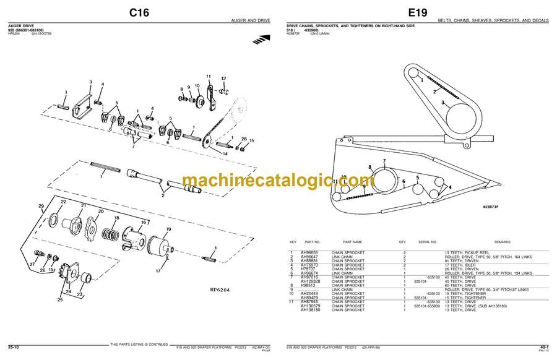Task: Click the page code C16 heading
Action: pos(139,12)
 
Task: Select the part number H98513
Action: pos(308,285)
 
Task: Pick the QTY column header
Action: pos(402,242)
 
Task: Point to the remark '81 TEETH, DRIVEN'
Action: pos(457,260)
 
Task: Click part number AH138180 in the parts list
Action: pos(311,309)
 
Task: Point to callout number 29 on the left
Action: pos(41,206)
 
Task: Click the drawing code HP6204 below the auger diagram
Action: pos(219,289)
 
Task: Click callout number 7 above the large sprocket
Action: pos(384,162)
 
